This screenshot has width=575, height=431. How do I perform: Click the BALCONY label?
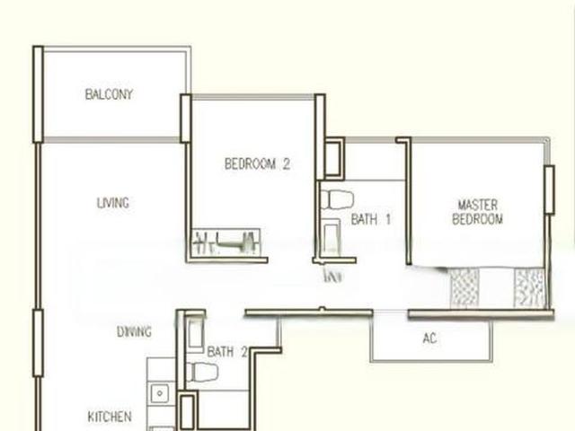(109, 94)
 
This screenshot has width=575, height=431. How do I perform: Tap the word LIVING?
(112, 203)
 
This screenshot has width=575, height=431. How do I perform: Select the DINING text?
(134, 332)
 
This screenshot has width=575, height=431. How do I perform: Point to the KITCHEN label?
(110, 417)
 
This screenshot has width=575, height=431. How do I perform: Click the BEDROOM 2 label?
(257, 164)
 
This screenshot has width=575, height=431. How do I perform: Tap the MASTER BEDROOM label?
(477, 212)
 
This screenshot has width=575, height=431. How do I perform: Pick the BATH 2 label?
(226, 352)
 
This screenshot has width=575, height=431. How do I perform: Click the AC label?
(429, 339)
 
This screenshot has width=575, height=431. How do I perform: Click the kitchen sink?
(160, 393)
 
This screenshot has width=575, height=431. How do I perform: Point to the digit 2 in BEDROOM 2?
(286, 164)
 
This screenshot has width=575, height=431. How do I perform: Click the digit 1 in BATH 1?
(387, 219)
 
